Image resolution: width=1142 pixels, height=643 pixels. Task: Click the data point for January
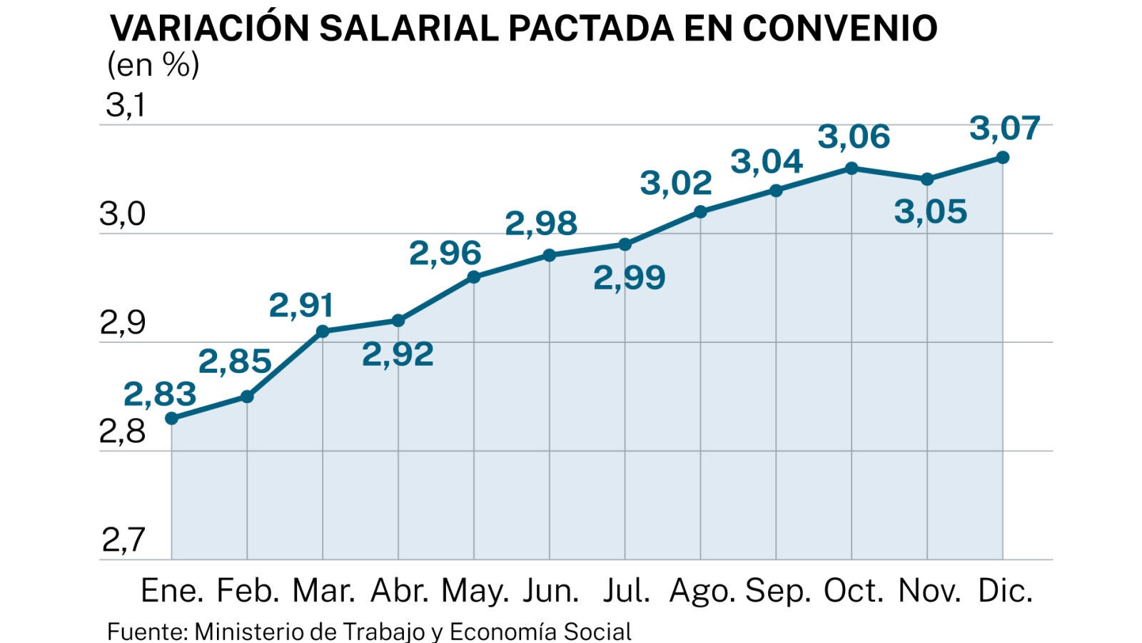click(x=171, y=419)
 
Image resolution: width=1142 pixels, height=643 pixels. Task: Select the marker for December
click(x=1002, y=157)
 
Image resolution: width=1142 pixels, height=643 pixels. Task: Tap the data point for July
click(x=625, y=244)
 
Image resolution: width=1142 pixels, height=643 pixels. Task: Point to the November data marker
click(x=926, y=179)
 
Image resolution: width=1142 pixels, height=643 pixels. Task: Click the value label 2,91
click(x=301, y=306)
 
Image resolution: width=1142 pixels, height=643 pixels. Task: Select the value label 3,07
click(x=1004, y=129)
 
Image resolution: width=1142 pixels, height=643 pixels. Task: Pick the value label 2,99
click(x=629, y=278)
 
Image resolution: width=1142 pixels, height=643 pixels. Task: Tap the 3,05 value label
click(x=930, y=212)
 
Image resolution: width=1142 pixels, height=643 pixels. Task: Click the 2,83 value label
click(x=160, y=394)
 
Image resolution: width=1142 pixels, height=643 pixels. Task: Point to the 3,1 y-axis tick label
click(x=126, y=106)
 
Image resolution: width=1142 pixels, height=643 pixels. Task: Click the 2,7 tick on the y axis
click(x=123, y=540)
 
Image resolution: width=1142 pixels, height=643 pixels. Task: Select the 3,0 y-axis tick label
click(x=123, y=214)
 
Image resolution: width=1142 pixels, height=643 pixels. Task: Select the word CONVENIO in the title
click(x=839, y=29)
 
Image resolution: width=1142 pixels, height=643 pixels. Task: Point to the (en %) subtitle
click(x=153, y=65)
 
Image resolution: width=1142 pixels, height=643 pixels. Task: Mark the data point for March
click(x=323, y=332)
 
